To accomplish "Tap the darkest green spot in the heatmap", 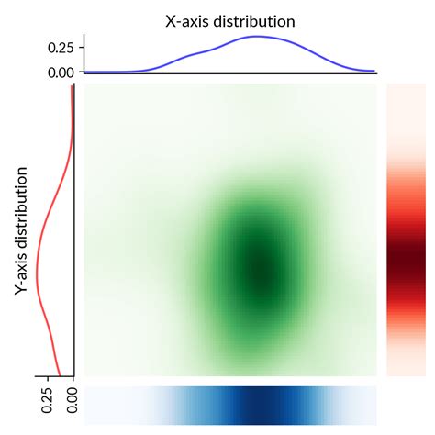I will (x=262, y=273).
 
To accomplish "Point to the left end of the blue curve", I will (x=85, y=71).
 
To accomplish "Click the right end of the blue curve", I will (x=375, y=71).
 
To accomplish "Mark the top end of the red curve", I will (x=72, y=86).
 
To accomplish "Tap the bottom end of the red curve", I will (x=61, y=375).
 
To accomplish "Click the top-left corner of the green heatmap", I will (x=85, y=85).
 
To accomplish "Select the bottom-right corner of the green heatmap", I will (x=375, y=375).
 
